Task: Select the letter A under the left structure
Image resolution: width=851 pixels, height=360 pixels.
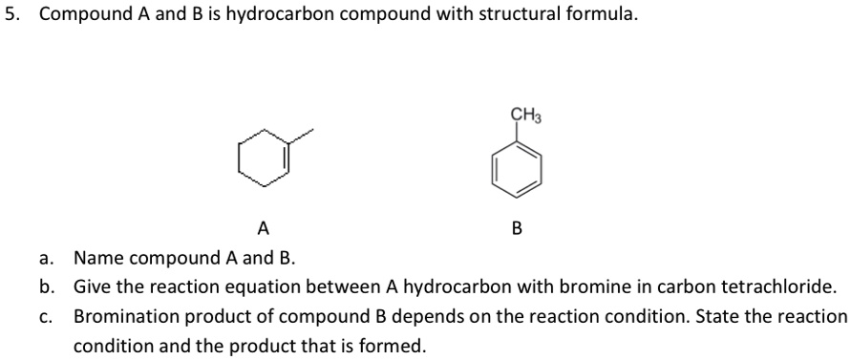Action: pos(264,227)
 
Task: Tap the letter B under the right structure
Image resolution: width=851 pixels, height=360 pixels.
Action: pos(517,227)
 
